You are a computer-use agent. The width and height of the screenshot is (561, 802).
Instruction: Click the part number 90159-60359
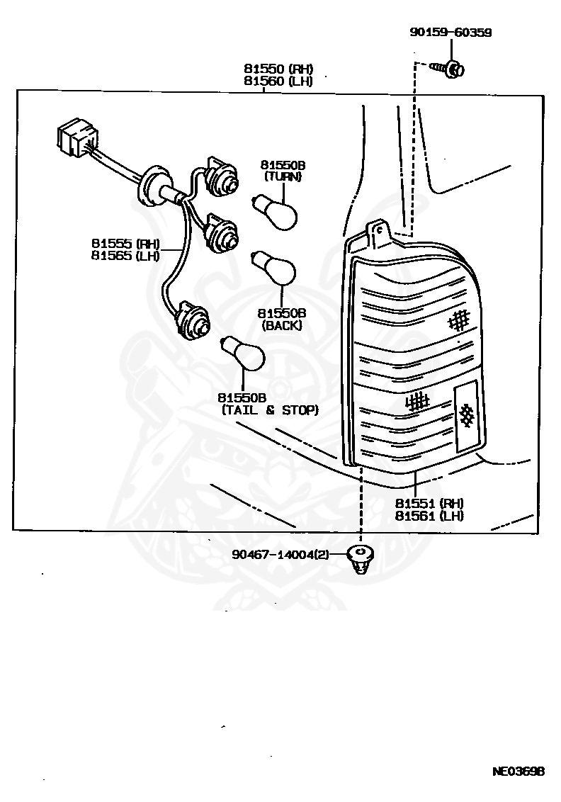(x=450, y=33)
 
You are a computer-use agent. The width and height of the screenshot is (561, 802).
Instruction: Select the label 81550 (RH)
(x=278, y=69)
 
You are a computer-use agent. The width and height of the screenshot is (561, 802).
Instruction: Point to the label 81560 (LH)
(x=278, y=81)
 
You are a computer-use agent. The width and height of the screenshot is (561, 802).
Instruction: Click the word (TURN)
(x=283, y=177)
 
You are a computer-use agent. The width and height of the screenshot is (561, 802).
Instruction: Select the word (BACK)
(x=281, y=325)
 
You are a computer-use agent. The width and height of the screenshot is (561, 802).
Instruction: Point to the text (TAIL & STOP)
(x=270, y=410)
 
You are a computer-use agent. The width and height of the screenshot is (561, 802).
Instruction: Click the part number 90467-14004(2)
(x=280, y=555)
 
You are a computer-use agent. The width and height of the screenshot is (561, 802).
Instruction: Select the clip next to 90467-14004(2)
(x=362, y=560)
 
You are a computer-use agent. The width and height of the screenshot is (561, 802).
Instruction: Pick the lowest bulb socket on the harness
(x=191, y=322)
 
